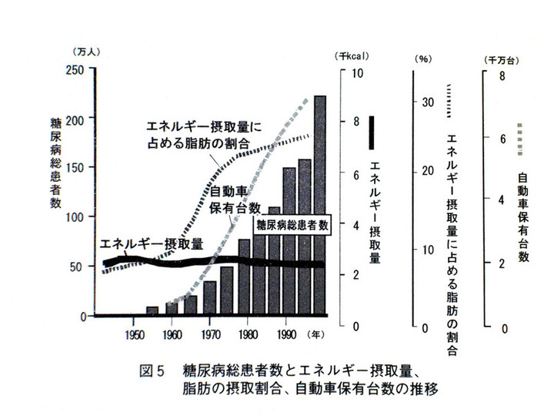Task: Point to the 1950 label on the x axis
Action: (133, 333)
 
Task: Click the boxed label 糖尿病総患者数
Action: (292, 225)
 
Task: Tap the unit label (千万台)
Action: (501, 59)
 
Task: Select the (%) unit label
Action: (424, 59)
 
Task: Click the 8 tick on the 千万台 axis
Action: (501, 76)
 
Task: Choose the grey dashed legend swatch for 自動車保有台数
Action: (522, 139)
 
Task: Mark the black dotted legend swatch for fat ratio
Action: (448, 101)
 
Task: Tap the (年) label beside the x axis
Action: (315, 334)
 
